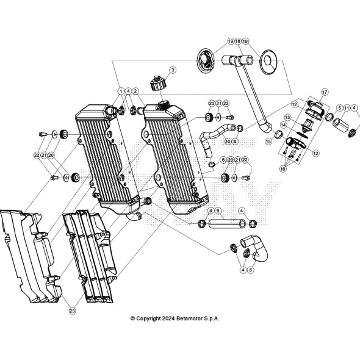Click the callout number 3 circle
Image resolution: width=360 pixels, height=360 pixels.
tap(173, 70)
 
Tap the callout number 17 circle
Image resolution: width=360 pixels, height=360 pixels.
tap(325, 92)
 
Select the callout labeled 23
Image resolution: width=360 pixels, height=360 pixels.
tap(72, 311)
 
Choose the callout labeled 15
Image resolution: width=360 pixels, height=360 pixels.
tap(268, 141)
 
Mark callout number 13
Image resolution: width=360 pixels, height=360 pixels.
tap(287, 117)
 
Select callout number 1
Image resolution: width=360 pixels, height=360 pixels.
tap(121, 91)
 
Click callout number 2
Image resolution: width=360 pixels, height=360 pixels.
tap(136, 91)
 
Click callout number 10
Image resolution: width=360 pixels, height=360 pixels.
tap(228, 142)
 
